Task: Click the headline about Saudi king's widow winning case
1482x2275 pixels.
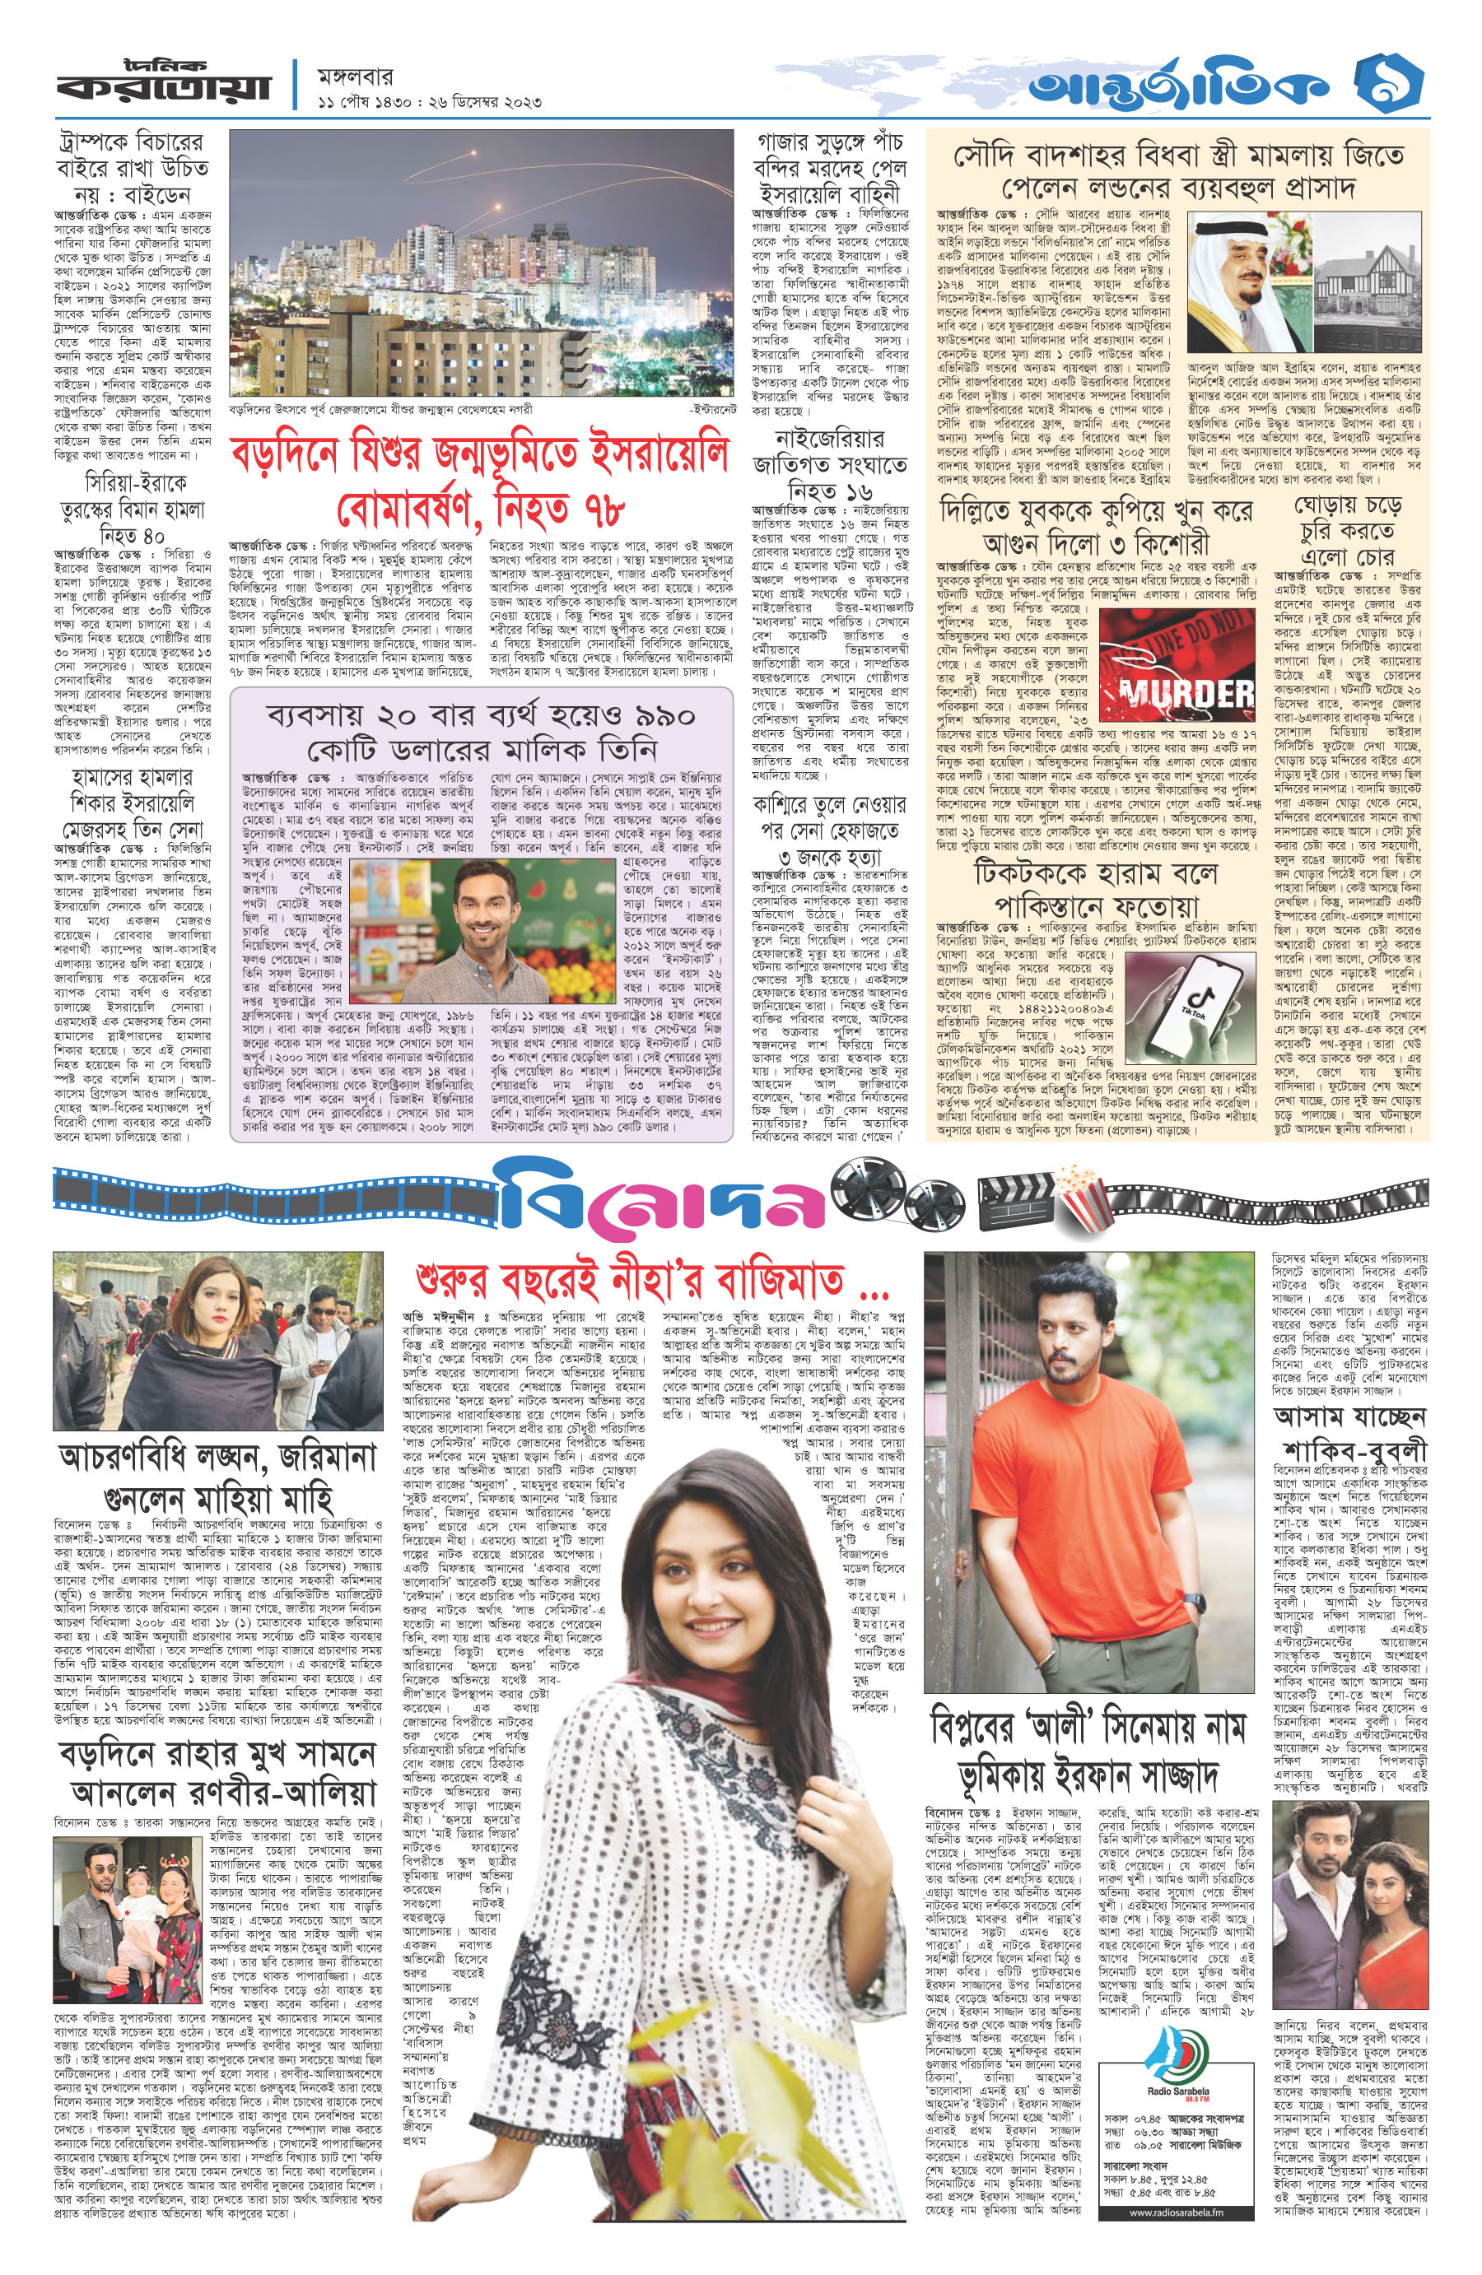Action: [x=1177, y=170]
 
